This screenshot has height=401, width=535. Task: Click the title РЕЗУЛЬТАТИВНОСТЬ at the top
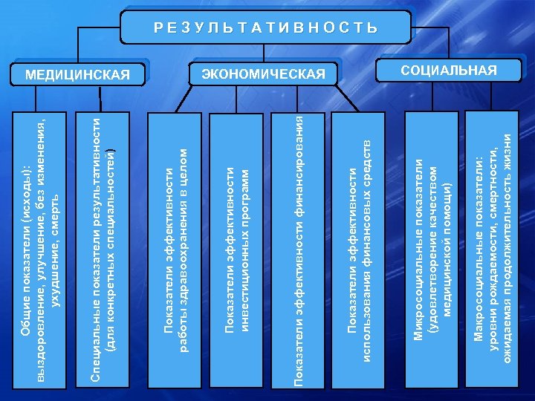266,28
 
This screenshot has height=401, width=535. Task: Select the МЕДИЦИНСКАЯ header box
77,74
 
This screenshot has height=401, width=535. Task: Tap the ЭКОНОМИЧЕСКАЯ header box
264,74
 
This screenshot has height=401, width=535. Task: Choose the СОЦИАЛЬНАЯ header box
449,70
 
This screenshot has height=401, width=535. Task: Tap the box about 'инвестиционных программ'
237,249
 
